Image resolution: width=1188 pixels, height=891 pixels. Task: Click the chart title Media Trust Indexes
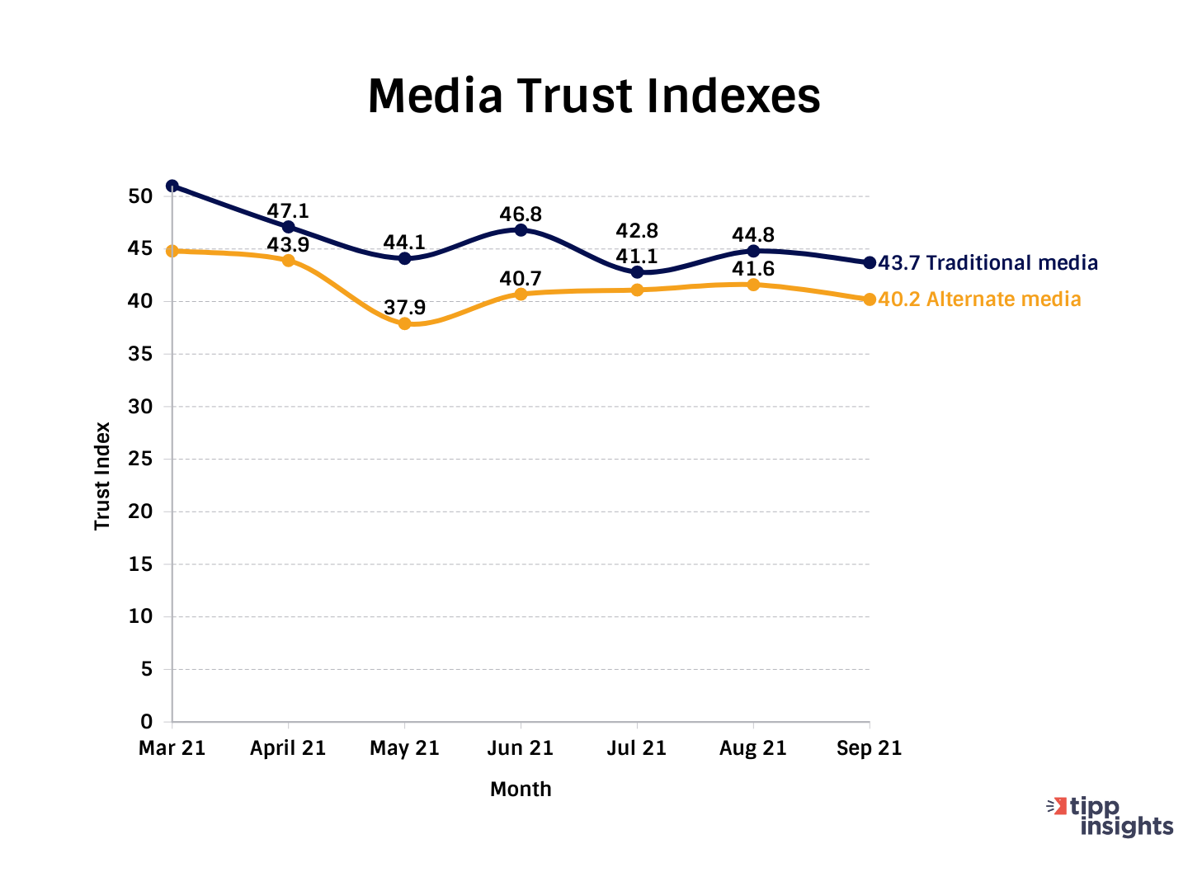point(594,96)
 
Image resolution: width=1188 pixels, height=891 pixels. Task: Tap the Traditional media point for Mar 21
point(172,186)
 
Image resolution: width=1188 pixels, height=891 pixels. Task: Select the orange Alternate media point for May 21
point(404,323)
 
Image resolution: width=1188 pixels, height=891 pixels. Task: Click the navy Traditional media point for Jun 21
point(521,230)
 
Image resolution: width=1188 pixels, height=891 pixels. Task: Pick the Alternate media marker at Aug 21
point(753,285)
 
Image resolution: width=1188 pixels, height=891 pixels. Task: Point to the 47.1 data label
point(288,211)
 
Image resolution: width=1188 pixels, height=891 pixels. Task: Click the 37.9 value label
point(404,308)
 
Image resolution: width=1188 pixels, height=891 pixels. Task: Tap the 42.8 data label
point(637,231)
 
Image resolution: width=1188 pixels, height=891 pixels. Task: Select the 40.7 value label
point(521,279)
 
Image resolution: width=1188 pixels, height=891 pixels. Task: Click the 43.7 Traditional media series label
point(988,263)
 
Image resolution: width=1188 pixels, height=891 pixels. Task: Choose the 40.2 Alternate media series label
point(979,299)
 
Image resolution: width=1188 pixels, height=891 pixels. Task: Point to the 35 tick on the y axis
point(141,354)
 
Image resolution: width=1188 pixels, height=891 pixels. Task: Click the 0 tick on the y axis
point(147,722)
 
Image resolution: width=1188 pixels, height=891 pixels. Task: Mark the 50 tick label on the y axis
point(141,196)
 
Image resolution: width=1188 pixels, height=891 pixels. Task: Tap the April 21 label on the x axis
point(288,748)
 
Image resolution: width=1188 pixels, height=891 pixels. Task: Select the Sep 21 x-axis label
point(869,748)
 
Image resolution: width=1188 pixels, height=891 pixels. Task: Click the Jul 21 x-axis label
point(637,748)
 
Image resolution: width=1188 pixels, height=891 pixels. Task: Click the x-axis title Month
point(521,790)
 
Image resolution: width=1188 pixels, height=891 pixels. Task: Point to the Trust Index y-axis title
point(102,476)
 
